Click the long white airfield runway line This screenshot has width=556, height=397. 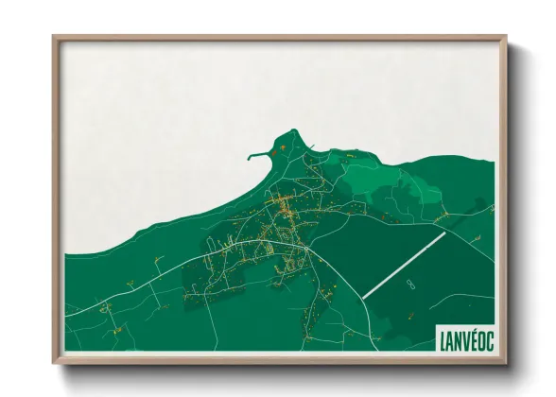(x=405, y=264)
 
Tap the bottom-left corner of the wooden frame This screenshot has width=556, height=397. (x=55, y=362)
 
